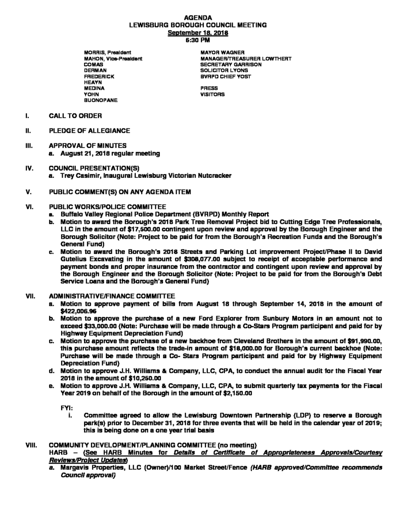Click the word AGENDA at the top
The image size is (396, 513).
pos(198,18)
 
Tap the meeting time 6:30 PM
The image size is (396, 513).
pos(198,39)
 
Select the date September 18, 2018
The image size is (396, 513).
pos(198,32)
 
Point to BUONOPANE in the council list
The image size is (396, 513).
pos(101,101)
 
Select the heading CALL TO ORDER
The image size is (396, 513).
pos(76,116)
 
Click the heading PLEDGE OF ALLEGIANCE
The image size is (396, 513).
pos(90,131)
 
